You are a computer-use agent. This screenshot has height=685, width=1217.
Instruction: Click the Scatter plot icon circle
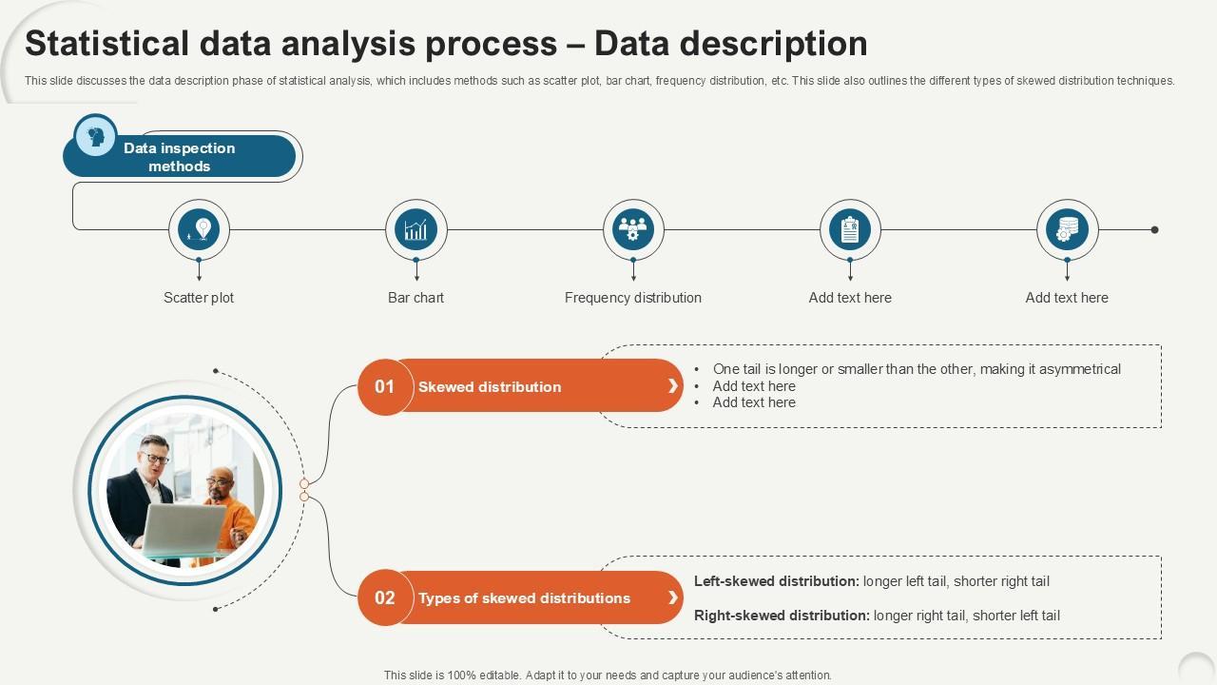tap(199, 229)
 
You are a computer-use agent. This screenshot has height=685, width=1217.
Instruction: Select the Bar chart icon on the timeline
tap(415, 229)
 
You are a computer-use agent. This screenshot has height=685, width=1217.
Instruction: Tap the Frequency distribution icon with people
tap(633, 229)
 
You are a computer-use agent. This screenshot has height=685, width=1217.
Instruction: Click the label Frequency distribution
tap(632, 298)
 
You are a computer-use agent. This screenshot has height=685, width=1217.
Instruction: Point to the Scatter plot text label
tap(199, 298)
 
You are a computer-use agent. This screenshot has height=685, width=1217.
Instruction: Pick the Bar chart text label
tap(415, 298)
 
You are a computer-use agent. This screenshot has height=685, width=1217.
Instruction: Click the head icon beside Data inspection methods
tap(95, 136)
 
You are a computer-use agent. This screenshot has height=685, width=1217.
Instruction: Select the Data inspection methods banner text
tap(179, 157)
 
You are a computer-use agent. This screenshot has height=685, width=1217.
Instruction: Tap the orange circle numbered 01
tap(384, 386)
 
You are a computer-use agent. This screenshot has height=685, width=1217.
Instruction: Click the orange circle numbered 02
tap(384, 598)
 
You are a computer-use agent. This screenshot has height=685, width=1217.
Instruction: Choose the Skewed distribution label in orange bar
tap(490, 387)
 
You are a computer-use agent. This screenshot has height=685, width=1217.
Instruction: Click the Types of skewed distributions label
tap(524, 598)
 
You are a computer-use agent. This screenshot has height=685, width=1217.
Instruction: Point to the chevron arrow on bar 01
tap(673, 386)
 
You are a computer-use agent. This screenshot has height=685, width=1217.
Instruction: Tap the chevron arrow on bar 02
tap(673, 598)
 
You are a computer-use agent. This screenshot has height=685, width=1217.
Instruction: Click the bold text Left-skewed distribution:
tap(776, 581)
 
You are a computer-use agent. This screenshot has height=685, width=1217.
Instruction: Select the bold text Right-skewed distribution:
tap(782, 616)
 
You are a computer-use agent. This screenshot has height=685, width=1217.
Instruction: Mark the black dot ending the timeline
tap(1155, 229)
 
